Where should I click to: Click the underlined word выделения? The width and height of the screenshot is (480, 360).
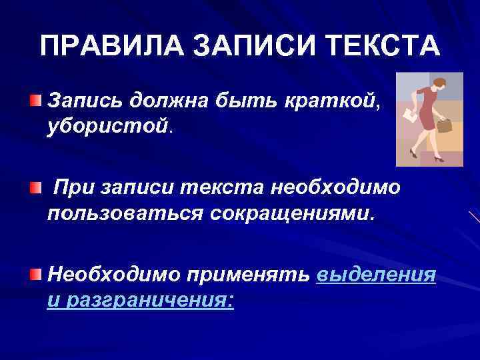coord(377,275)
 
